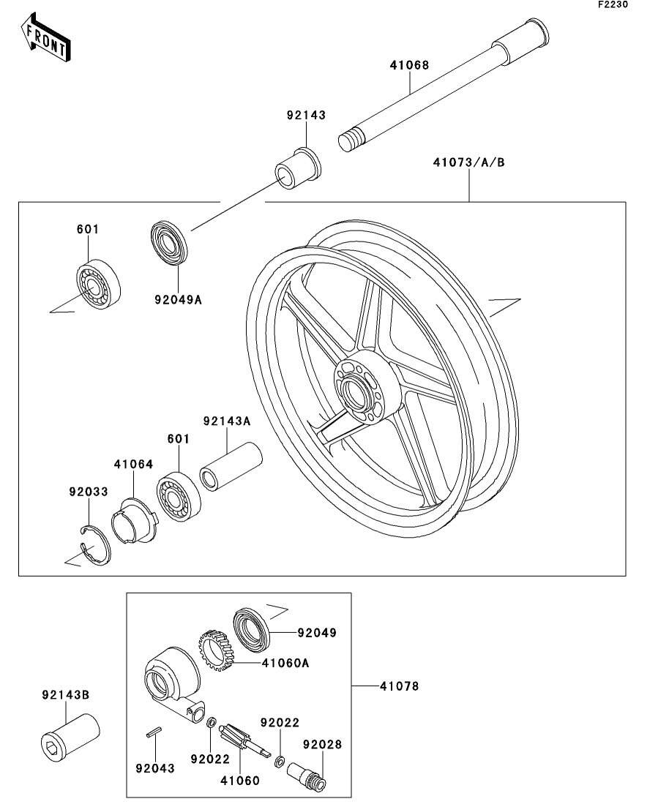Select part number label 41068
[408, 65]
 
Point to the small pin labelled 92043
[154, 734]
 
